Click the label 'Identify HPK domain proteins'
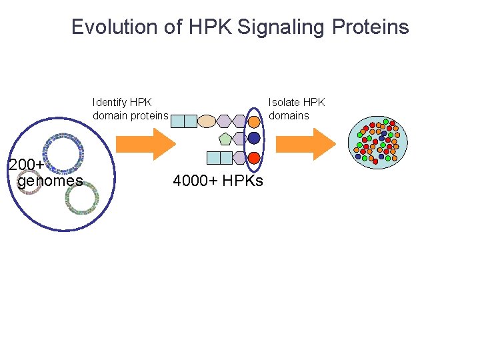130,109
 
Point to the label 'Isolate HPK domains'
296,109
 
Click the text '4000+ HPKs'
218,181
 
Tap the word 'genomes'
50,181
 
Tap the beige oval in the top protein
207,121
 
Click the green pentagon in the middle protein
225,139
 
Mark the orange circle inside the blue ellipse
254,121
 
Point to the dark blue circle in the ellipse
254,139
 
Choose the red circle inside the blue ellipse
254,158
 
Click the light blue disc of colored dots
377,141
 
